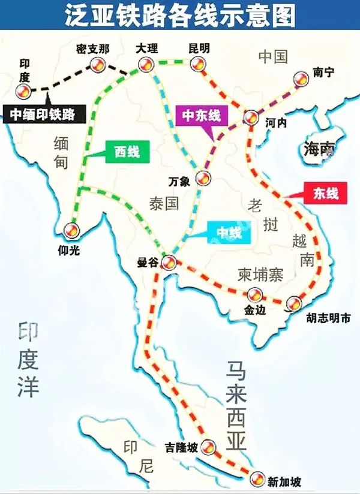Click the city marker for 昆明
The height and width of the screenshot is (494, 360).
(x=197, y=64)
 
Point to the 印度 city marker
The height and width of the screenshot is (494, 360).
(x=23, y=91)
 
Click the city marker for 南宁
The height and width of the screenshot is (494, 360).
(x=300, y=79)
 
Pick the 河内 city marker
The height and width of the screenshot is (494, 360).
(x=251, y=117)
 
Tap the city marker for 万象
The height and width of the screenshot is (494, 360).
(x=204, y=177)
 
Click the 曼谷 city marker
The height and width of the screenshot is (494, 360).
(x=169, y=261)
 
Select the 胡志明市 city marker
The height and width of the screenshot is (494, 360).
(x=293, y=303)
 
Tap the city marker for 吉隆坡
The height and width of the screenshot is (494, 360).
(x=208, y=445)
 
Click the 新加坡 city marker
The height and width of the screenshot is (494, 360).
(x=257, y=478)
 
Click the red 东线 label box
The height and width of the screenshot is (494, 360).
(x=325, y=193)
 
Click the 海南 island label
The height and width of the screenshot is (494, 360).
(x=318, y=149)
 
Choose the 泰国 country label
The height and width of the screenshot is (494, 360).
(x=164, y=203)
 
